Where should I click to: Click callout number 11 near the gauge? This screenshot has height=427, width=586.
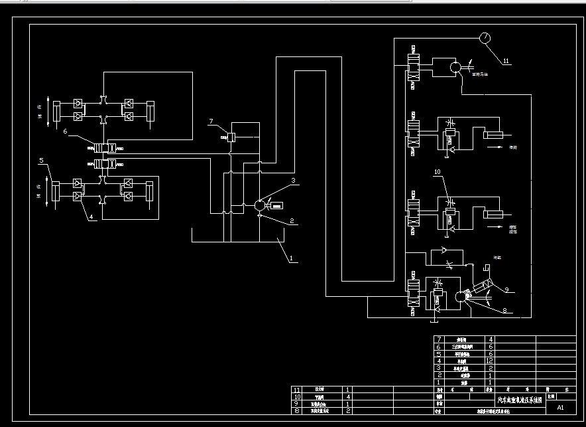coord(506,61)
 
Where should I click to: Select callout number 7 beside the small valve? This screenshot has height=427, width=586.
coord(211,122)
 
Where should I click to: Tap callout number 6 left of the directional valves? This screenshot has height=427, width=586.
coord(66,132)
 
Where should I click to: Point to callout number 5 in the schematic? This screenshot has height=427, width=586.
coord(41,161)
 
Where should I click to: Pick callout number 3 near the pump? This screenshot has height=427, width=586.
coord(292,180)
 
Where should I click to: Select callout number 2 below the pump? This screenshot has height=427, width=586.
coord(291,221)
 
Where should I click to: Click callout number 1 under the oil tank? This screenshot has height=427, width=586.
coord(289,260)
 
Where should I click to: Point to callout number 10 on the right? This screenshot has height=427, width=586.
coord(438,172)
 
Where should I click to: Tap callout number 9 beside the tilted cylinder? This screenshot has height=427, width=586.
coord(506,290)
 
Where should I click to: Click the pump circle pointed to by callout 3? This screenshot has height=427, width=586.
coord(258,206)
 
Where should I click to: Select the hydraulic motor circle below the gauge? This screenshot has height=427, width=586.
coord(457,67)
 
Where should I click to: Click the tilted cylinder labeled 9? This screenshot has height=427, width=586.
coord(479,288)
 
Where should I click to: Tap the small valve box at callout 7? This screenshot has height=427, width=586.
coord(231,137)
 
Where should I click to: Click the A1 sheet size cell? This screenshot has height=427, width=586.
coord(560,407)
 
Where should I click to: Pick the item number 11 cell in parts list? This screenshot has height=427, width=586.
coord(296,389)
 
